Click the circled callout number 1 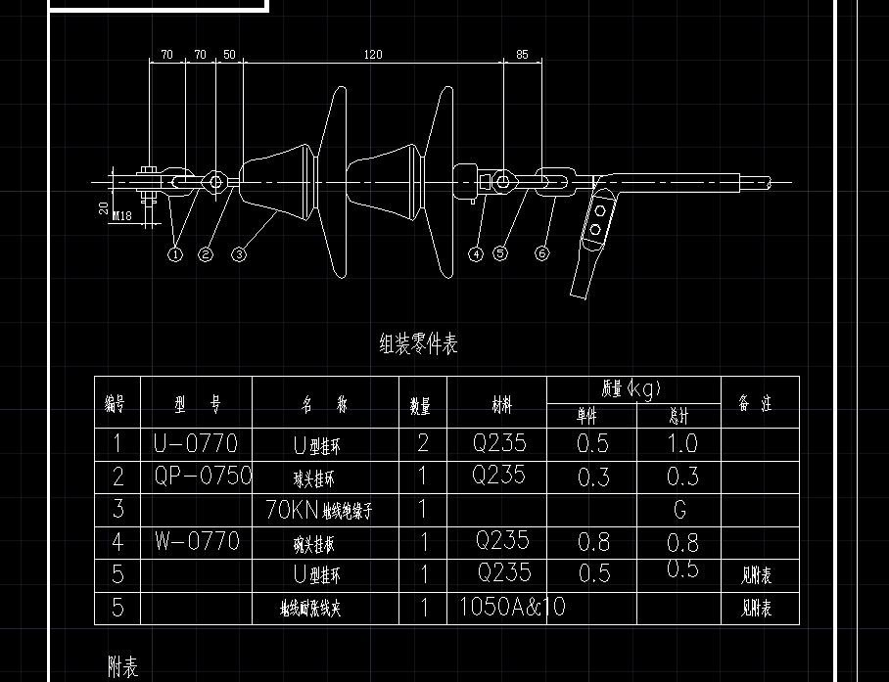point(175,254)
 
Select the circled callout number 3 point(239,254)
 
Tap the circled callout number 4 point(476,254)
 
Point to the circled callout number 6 point(542,254)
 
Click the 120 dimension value point(372,55)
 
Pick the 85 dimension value point(522,55)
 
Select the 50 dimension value point(229,55)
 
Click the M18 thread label point(122,216)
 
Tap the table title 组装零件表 point(418,343)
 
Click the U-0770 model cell point(196,443)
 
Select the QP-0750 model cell point(203,477)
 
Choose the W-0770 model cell point(196,540)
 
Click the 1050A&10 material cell point(512,607)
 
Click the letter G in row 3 point(679,510)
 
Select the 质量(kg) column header point(632,388)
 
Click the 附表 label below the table point(123,667)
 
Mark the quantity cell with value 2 point(423,443)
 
